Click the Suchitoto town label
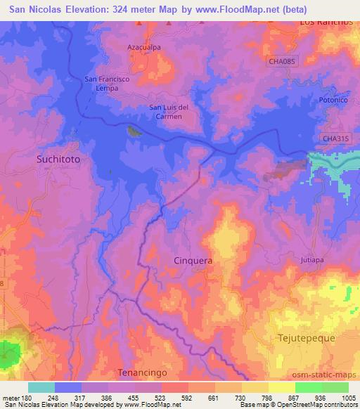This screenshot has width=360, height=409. pos(58,160)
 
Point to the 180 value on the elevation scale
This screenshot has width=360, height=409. pos(30,397)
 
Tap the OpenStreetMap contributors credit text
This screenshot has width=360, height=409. pos(320,405)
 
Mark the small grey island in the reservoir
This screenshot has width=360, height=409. pos(133,131)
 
